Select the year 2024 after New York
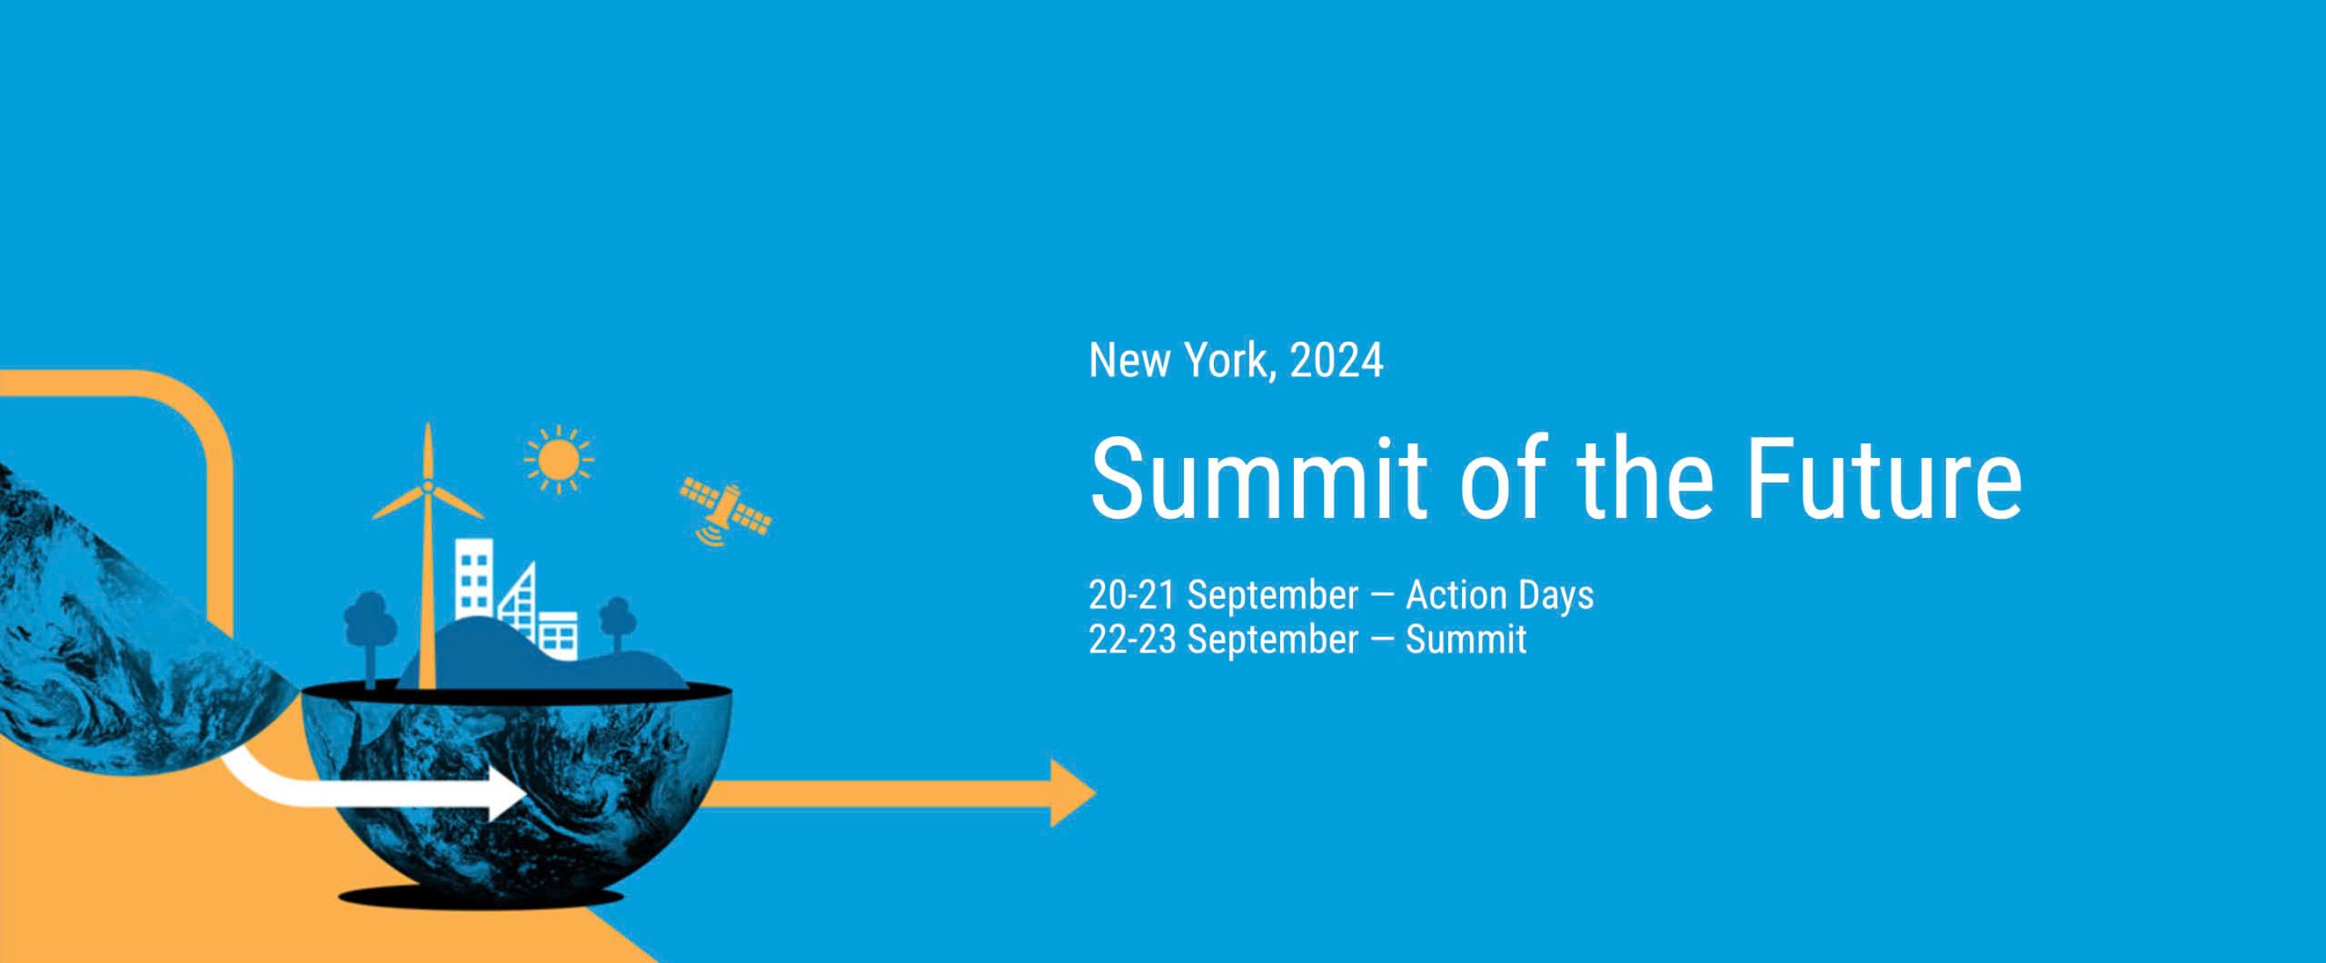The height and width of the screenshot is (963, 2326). pyautogui.click(x=1337, y=360)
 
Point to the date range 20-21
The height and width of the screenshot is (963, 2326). pyautogui.click(x=1132, y=595)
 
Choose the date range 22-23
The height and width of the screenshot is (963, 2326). pyautogui.click(x=1133, y=640)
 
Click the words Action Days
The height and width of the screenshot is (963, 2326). pyautogui.click(x=1499, y=595)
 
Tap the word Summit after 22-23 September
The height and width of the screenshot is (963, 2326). pyautogui.click(x=1466, y=640)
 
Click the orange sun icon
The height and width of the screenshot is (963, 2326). pyautogui.click(x=558, y=459)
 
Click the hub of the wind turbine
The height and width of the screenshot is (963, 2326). pyautogui.click(x=427, y=488)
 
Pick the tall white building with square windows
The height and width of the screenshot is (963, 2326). pyautogui.click(x=474, y=577)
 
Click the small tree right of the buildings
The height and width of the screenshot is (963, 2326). pyautogui.click(x=617, y=622)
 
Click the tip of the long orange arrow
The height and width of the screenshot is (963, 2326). pyautogui.click(x=1097, y=793)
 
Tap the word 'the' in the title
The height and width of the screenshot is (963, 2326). pyautogui.click(x=1645, y=477)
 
